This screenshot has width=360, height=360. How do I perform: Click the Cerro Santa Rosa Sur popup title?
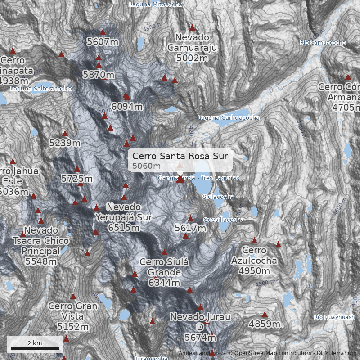coord(180,156)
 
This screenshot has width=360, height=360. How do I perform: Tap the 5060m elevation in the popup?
coord(147,166)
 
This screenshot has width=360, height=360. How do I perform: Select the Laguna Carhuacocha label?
coord(229,117)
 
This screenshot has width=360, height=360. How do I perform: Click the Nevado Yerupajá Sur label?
coord(124,217)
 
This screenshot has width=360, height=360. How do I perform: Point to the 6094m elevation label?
coord(127,107)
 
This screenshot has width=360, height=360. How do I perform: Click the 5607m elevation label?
coord(103,42)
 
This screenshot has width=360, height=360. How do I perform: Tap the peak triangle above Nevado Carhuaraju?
coord(193,27)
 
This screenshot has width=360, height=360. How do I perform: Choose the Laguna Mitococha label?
coord(156,4)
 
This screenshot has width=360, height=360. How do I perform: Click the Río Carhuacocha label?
coord(323,43)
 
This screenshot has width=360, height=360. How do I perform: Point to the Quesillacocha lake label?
coord(224,220)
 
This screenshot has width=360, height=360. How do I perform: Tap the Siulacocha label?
coord(218,197)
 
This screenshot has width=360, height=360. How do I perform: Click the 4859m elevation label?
coord(265,324)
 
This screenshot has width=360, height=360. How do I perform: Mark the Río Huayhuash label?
coord(334,317)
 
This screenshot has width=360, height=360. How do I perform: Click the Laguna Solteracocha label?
coord(41,89)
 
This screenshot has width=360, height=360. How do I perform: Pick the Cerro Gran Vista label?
coord(73,316)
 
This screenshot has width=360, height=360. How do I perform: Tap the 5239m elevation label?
coord(65,143)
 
